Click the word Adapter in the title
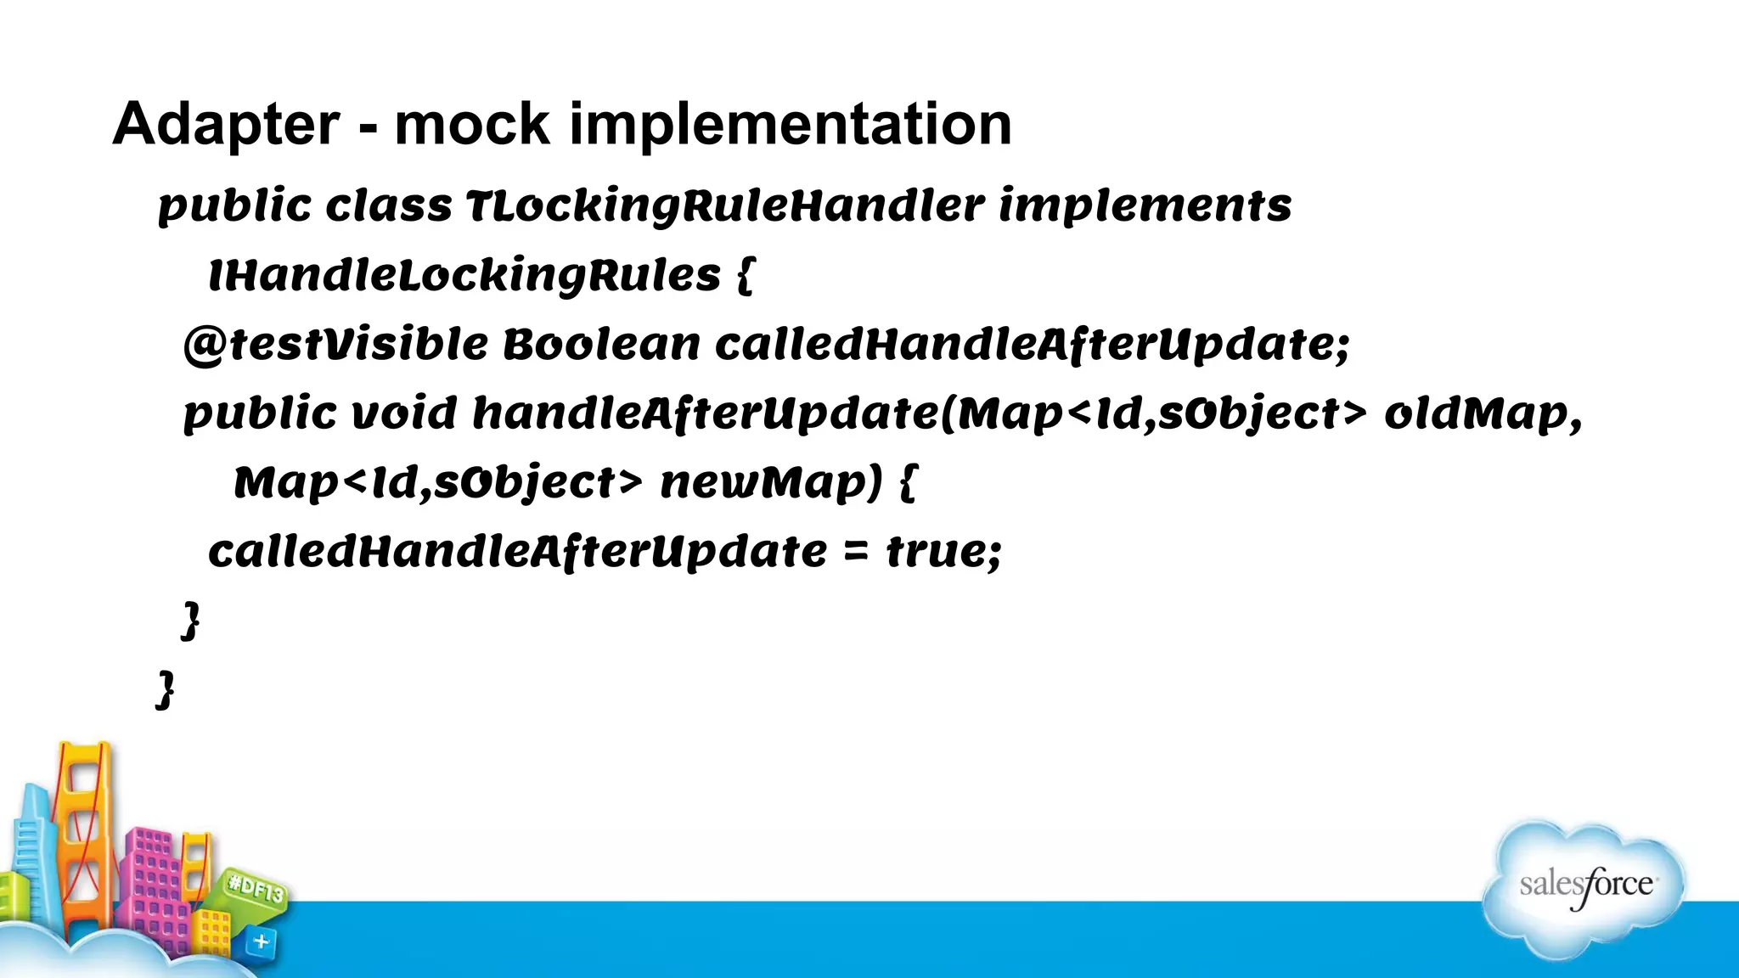click(226, 125)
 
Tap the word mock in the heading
click(472, 125)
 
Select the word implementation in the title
click(790, 125)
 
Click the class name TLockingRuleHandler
click(725, 206)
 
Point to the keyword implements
click(1145, 206)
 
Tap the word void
click(404, 414)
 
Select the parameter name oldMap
click(1483, 414)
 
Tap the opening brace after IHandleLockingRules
click(745, 276)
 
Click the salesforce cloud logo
click(1584, 887)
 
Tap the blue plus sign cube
click(261, 941)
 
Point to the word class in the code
click(388, 206)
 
